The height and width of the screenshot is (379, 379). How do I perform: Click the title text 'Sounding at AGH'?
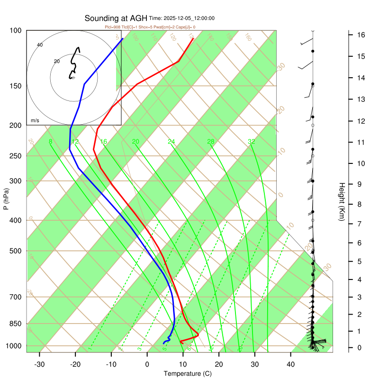click(x=116, y=18)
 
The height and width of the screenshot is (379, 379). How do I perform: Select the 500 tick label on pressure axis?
click(x=16, y=251)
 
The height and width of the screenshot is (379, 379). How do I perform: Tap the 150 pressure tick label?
click(x=16, y=86)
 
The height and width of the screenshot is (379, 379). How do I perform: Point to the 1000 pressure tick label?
click(x=14, y=346)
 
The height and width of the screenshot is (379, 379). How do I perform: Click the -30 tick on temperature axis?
click(x=39, y=364)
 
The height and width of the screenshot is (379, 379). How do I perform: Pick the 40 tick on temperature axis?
click(x=291, y=364)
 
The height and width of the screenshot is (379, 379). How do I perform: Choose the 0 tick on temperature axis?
click(x=147, y=364)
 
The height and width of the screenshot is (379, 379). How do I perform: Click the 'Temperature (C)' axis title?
click(x=188, y=373)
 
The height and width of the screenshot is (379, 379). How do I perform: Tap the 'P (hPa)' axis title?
click(x=6, y=197)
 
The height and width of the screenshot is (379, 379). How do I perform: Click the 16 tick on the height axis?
click(x=360, y=35)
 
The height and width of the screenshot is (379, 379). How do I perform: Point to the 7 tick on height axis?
click(x=360, y=223)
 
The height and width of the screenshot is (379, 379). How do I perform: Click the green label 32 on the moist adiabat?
click(x=252, y=142)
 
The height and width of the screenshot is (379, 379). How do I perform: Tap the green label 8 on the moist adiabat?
click(x=50, y=142)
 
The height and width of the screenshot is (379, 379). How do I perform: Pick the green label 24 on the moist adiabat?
click(x=171, y=142)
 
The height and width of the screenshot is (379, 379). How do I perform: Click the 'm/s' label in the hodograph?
click(x=35, y=121)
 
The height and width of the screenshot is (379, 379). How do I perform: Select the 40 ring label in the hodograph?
click(x=40, y=45)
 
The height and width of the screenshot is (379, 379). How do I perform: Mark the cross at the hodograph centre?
click(x=73, y=78)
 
